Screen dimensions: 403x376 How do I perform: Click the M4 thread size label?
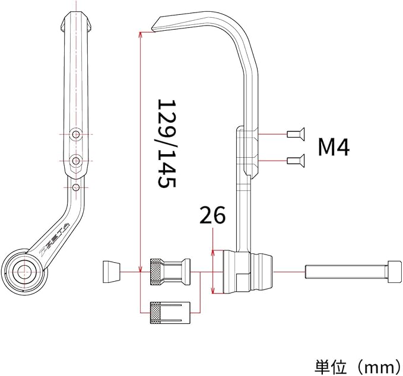(334, 147)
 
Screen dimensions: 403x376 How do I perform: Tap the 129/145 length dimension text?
(167, 144)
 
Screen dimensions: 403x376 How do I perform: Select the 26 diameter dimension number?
(212, 215)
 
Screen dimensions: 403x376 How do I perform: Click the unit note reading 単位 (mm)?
(357, 367)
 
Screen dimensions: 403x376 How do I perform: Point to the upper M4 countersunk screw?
(296, 134)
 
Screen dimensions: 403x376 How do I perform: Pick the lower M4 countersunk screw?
(296, 161)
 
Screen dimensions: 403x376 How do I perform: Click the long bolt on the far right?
(353, 272)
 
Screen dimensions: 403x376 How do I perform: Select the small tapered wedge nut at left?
(112, 272)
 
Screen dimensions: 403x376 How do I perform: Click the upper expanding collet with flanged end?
(170, 272)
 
